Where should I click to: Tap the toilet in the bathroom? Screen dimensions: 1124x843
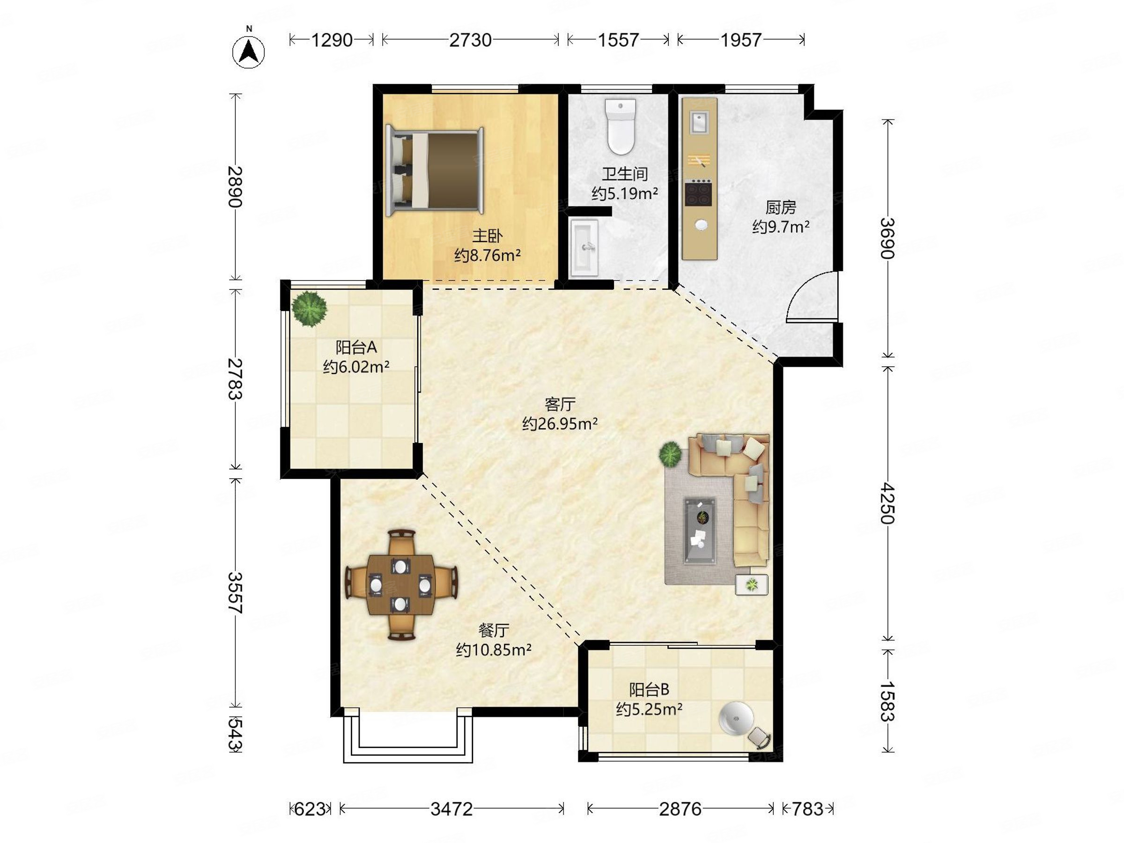tap(621, 126)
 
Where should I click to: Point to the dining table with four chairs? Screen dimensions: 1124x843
tap(401, 585)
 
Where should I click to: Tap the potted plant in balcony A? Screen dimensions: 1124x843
tap(310, 309)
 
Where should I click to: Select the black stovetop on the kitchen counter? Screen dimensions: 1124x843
tap(698, 193)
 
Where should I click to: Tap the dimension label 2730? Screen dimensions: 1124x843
tap(470, 40)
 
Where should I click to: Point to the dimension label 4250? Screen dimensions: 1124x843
tap(887, 503)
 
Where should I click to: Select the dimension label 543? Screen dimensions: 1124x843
tap(235, 734)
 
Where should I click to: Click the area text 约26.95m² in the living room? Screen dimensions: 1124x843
tap(560, 423)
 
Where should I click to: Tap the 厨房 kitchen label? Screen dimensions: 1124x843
tap(781, 207)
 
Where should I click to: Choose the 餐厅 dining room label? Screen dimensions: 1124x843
tap(494, 630)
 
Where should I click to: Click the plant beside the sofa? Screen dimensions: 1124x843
tap(670, 454)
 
